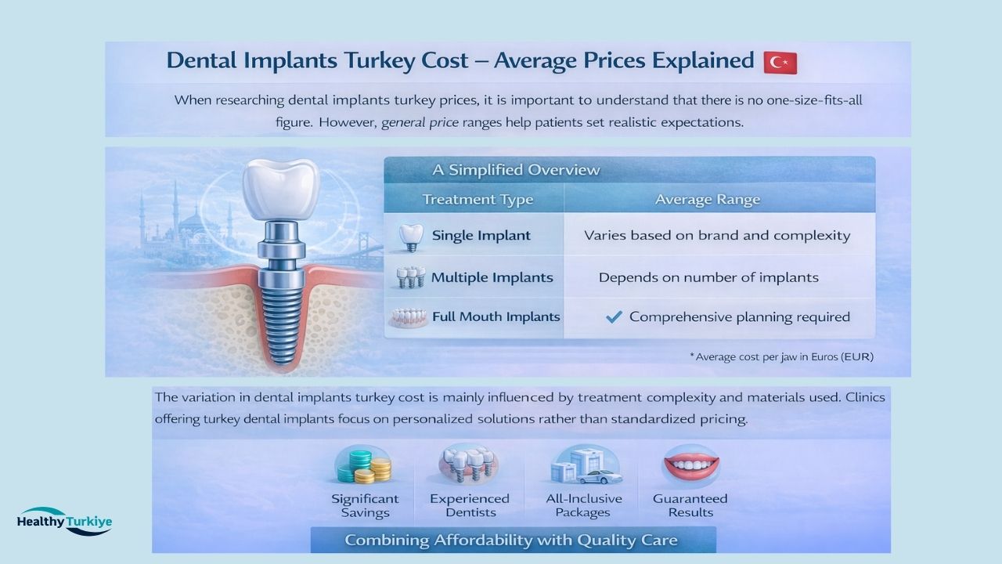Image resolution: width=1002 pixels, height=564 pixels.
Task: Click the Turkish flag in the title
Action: [x=780, y=63]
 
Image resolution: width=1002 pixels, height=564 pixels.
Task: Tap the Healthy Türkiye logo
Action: [x=64, y=521]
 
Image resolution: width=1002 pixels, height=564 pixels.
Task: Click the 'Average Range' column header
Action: [x=707, y=200]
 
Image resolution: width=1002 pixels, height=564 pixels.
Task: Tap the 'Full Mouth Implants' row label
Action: [x=496, y=317]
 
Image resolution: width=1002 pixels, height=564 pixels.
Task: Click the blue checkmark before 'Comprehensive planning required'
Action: [x=615, y=317]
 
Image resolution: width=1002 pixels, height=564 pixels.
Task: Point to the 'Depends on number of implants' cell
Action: [x=708, y=277]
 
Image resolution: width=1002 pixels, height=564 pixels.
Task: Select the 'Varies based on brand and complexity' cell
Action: [x=716, y=236]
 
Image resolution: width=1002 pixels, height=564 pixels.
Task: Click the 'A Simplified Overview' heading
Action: [x=516, y=170]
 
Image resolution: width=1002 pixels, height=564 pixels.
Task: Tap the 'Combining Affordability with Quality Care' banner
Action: [x=511, y=540]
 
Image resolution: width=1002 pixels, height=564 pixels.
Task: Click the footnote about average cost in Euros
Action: [x=780, y=356]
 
